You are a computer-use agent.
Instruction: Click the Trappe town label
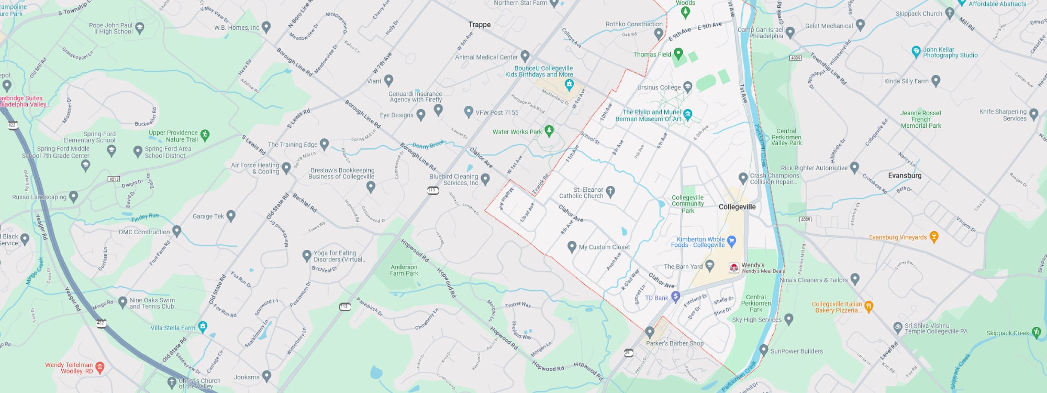480,25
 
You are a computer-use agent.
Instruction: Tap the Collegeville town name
737,207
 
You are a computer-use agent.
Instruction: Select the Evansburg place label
905,176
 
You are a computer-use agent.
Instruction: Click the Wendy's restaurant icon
734,268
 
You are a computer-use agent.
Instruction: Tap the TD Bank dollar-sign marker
676,297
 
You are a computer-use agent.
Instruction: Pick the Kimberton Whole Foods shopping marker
732,241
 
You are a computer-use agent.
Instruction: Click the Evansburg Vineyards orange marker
934,237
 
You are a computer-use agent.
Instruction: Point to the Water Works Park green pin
549,130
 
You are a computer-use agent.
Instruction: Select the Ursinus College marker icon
688,87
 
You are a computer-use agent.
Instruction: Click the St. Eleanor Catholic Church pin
610,191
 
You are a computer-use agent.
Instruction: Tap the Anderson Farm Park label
404,270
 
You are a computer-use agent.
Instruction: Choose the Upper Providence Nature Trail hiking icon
205,135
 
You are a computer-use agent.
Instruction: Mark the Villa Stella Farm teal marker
203,327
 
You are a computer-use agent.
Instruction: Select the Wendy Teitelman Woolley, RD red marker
100,367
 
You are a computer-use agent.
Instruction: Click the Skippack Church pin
950,14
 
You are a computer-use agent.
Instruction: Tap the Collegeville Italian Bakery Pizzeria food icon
869,307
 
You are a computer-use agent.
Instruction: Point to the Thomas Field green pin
678,53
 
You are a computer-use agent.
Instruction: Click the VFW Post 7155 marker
469,112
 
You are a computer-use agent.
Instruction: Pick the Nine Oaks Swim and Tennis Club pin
122,302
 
